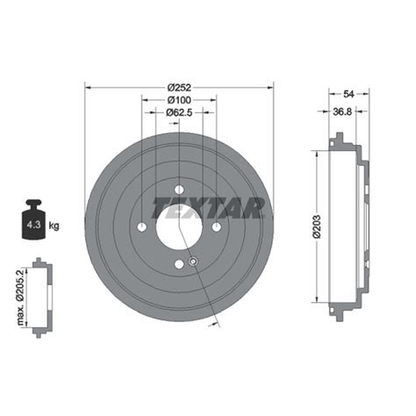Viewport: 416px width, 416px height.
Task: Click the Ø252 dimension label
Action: pos(180,86)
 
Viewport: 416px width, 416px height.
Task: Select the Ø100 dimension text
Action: pos(180,99)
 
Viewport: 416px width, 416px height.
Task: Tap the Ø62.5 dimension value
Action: pos(180,112)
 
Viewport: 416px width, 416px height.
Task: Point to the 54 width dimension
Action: pos(348,94)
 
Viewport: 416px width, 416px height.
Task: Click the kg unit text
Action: pos(54,226)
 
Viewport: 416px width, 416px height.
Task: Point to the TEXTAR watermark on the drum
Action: pos(208,208)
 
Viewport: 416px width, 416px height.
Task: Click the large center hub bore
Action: pos(179,226)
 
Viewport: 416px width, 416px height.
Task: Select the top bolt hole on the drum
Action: pos(179,190)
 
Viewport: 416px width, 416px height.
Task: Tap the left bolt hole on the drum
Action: pos(142,226)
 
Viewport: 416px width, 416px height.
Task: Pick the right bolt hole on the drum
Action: pos(216,226)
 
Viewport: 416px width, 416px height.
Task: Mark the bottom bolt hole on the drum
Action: pos(179,263)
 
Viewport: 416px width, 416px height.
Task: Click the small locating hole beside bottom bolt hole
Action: pos(193,261)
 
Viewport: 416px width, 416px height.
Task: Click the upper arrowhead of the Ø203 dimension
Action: pos(313,154)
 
